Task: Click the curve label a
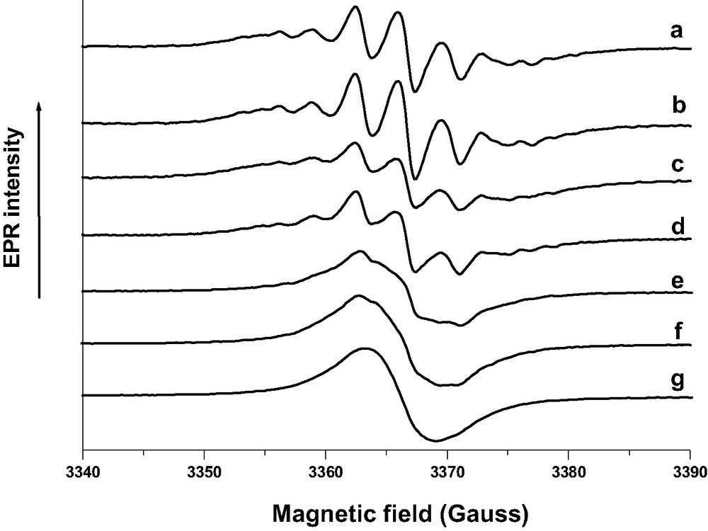tap(678, 32)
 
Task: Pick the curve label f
tap(678, 330)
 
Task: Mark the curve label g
tap(678, 380)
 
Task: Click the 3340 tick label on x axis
tap(83, 470)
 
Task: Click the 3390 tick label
tap(690, 470)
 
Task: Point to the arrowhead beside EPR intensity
tap(39, 104)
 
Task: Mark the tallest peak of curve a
tap(355, 8)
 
